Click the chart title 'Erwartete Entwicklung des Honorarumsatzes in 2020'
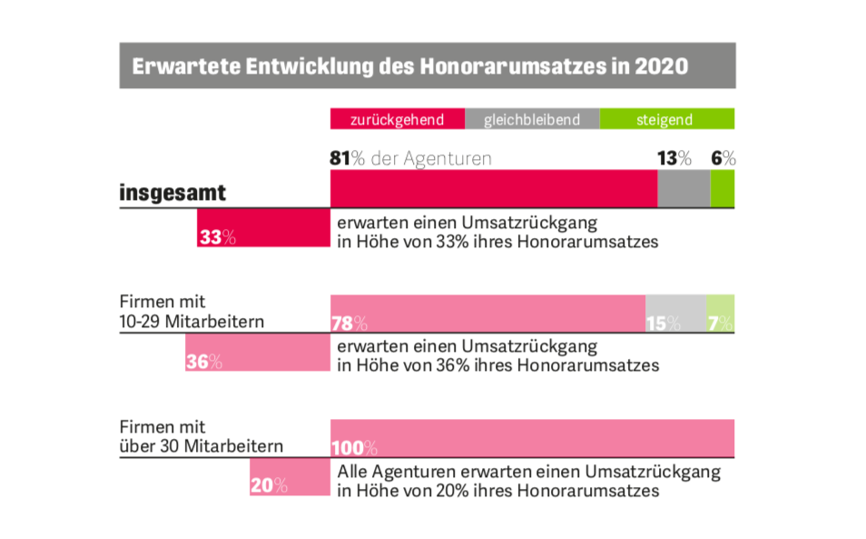[x=410, y=66]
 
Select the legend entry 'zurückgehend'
[x=398, y=120]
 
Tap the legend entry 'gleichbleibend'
[x=531, y=120]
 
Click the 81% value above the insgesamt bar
[x=340, y=158]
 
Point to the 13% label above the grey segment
[x=674, y=158]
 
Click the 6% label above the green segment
[x=723, y=158]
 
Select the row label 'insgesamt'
[x=172, y=193]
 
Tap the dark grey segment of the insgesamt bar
[x=684, y=189]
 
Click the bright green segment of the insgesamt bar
[x=723, y=189]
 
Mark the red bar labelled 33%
[x=263, y=228]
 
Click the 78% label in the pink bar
[x=349, y=323]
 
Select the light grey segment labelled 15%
[x=674, y=314]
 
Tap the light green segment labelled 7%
[x=721, y=314]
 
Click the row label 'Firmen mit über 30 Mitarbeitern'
[x=201, y=436]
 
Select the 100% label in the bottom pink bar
[x=354, y=447]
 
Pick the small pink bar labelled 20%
[x=290, y=477]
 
